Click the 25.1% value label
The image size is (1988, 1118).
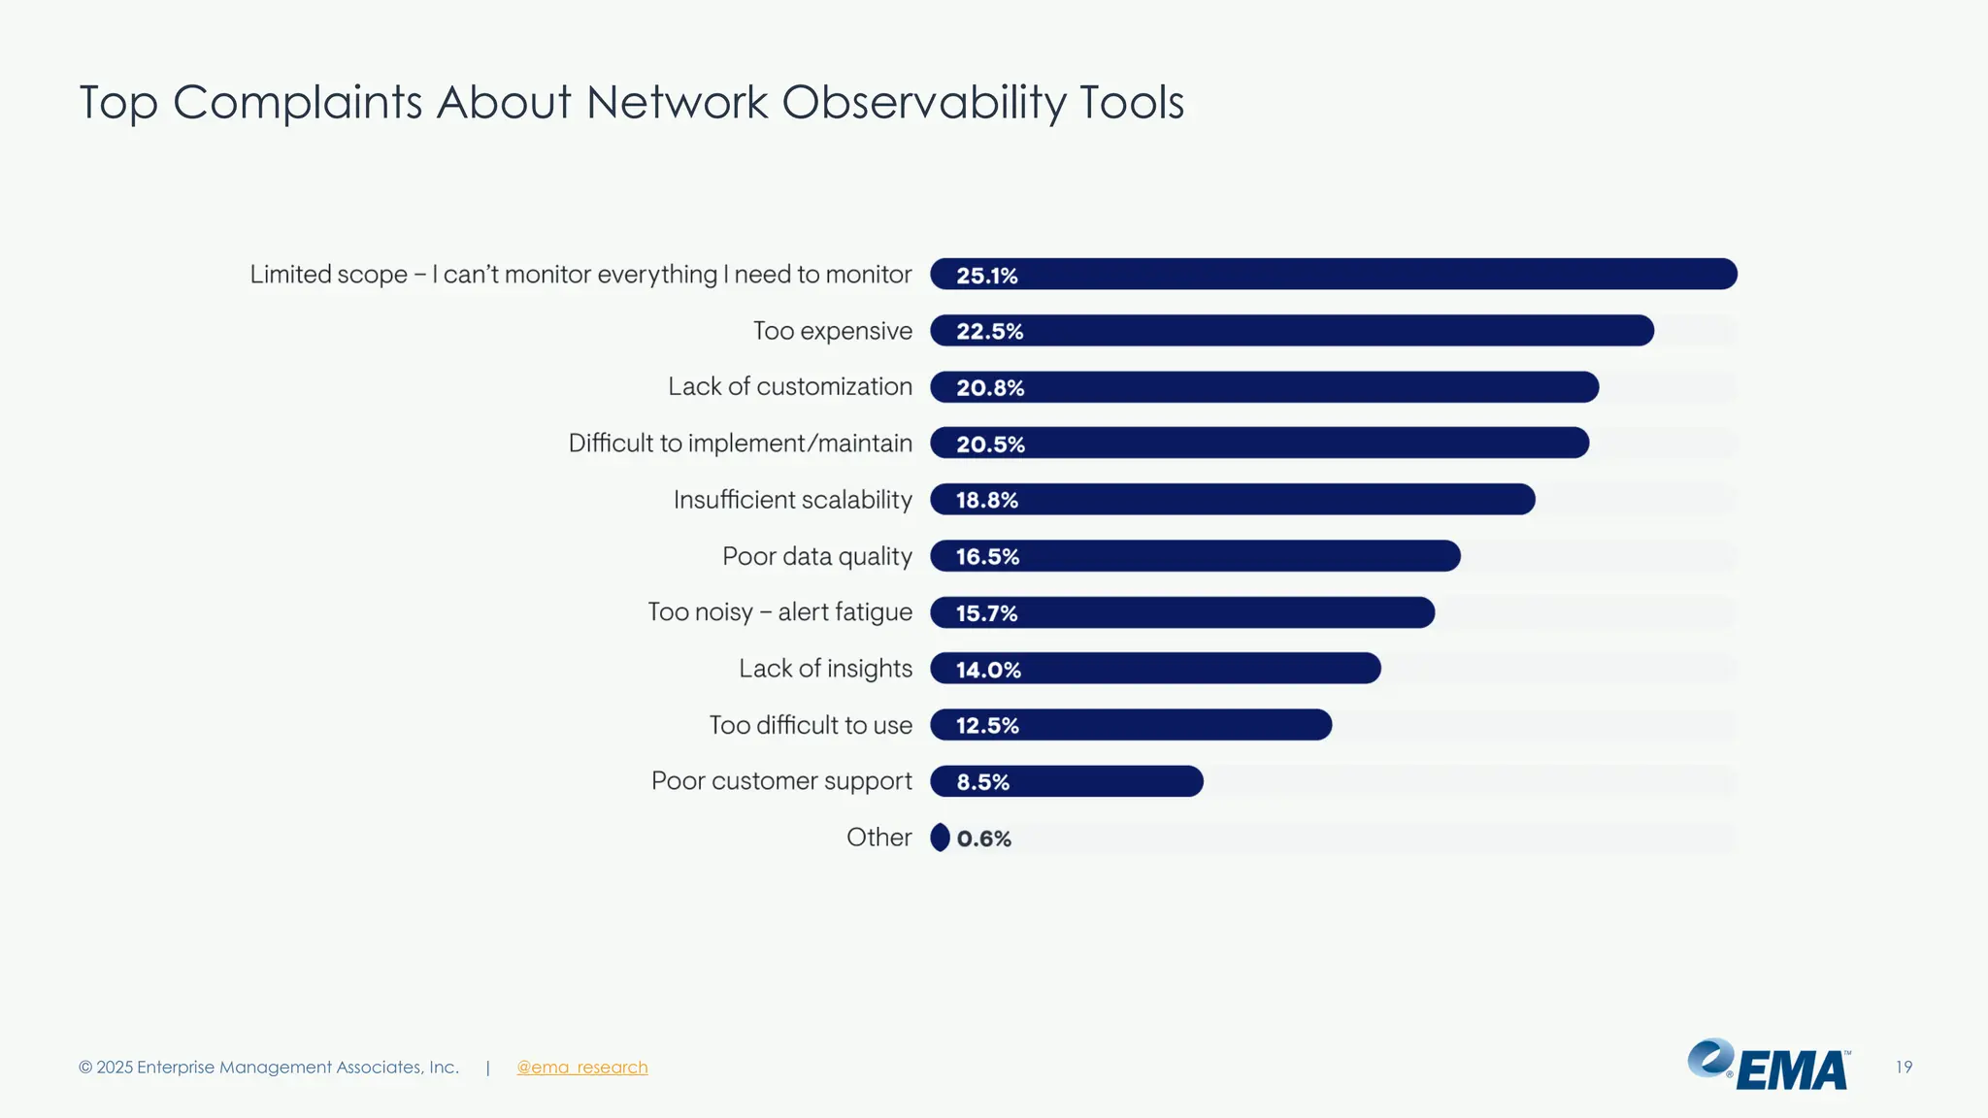click(x=986, y=276)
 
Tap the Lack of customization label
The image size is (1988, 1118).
click(x=789, y=386)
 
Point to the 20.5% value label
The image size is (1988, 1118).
click(x=990, y=444)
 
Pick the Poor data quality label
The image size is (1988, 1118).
click(x=816, y=556)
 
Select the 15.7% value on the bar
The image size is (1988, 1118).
click(x=986, y=613)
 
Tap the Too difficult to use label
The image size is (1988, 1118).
click(x=811, y=725)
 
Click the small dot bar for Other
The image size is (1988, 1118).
click(x=940, y=838)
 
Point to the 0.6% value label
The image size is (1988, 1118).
click(x=983, y=838)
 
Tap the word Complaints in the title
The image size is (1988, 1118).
click(x=297, y=103)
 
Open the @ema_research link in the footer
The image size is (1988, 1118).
click(x=581, y=1068)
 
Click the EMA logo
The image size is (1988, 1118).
click(x=1769, y=1066)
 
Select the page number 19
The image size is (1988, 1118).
click(x=1904, y=1068)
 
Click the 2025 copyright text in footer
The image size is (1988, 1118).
click(x=268, y=1068)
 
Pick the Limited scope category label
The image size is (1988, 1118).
click(x=580, y=275)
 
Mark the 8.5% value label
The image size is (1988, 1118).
click(x=982, y=782)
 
